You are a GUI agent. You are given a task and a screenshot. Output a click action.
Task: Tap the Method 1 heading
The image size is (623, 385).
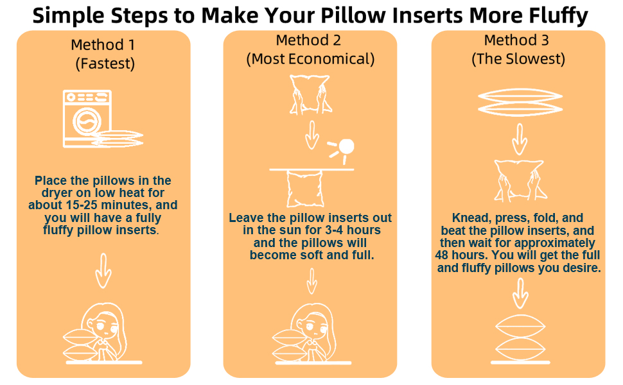[103, 45]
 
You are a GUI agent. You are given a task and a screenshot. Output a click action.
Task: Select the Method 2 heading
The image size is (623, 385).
[309, 40]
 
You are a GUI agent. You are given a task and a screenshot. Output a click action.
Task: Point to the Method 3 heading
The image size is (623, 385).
[518, 40]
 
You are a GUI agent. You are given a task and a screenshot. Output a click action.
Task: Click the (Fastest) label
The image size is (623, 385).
[104, 64]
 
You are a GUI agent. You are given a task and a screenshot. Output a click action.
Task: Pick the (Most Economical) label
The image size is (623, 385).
[310, 60]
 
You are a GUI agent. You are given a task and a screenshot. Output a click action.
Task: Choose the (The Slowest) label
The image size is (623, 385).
[518, 60]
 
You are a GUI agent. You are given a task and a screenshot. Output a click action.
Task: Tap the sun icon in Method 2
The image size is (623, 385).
[346, 146]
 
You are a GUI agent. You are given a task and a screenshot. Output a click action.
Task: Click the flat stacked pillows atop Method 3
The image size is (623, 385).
[518, 102]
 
